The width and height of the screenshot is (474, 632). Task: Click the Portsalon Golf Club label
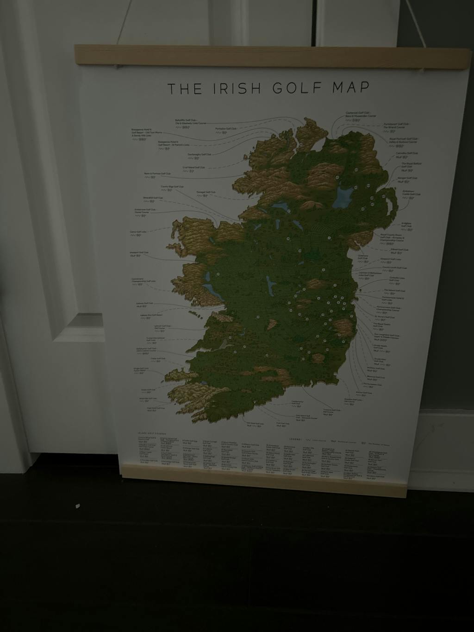[226, 128]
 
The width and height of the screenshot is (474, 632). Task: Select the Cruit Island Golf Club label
[193, 167]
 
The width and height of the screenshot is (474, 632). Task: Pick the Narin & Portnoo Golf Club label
[157, 174]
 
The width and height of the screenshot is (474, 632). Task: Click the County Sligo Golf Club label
[172, 187]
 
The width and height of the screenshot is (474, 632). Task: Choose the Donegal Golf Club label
[206, 192]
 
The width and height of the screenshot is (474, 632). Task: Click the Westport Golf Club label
[139, 253]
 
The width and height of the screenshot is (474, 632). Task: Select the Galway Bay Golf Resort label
[151, 314]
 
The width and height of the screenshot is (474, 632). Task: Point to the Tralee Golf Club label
[158, 358]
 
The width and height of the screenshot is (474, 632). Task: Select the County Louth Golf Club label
[394, 268]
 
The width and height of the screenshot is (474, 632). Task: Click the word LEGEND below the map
[295, 438]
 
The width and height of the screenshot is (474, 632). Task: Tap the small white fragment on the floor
[77, 507]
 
